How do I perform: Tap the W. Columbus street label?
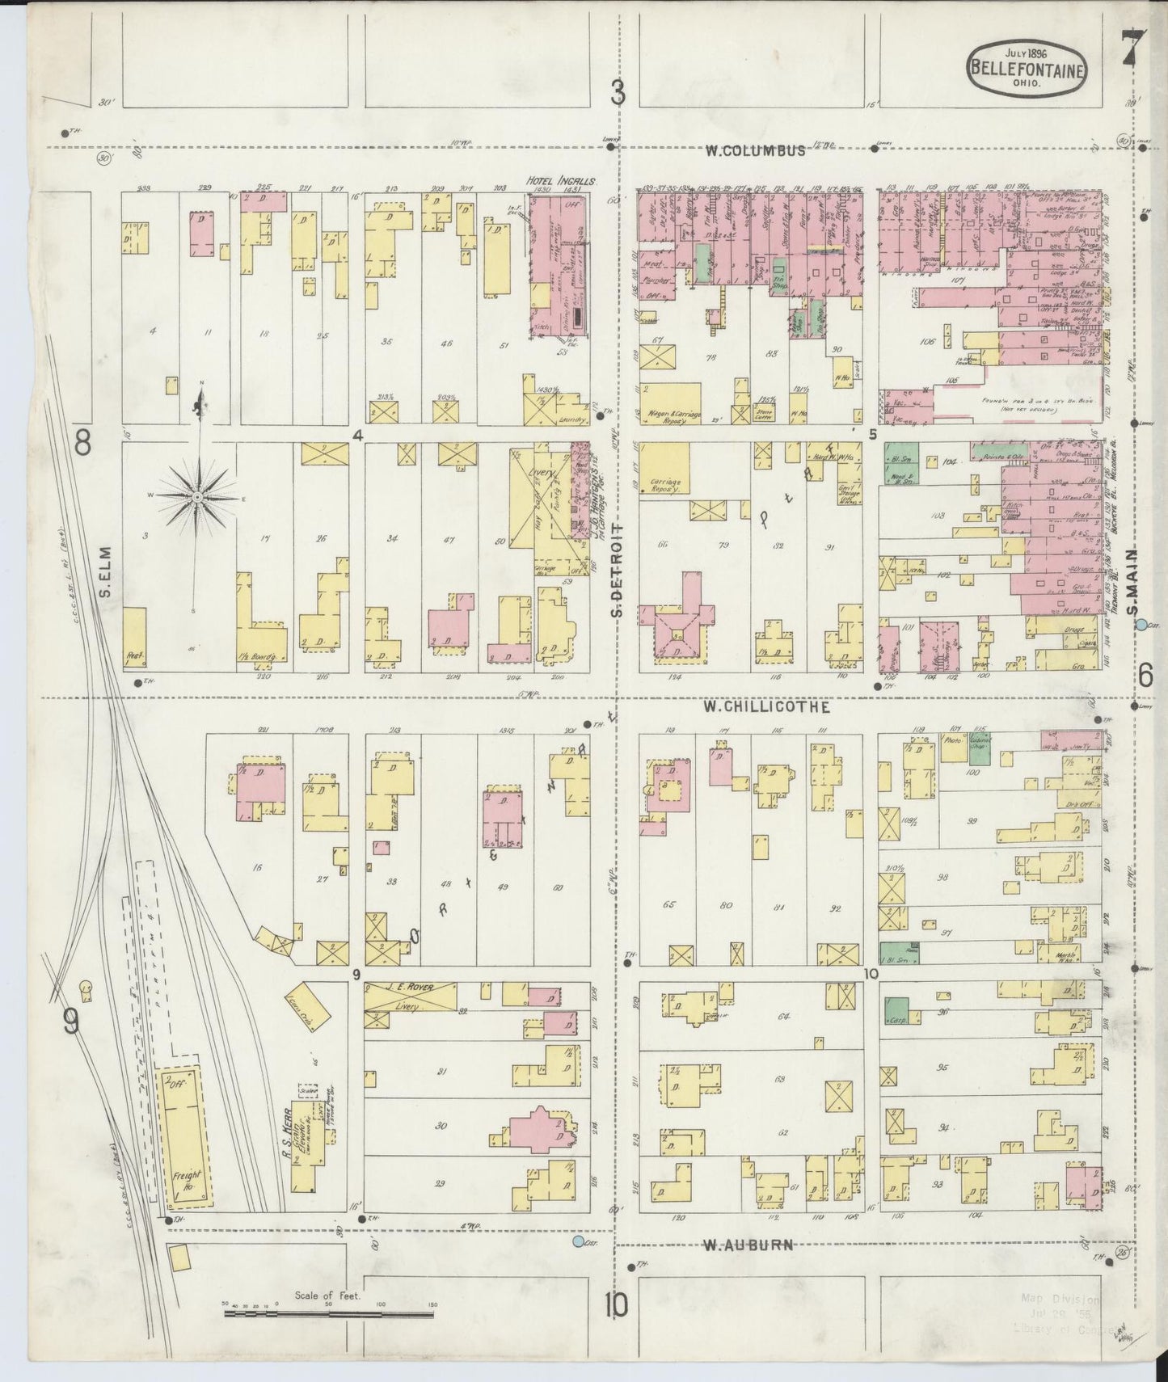(x=755, y=150)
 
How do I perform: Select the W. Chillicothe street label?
(x=765, y=706)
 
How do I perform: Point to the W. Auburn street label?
(x=748, y=1268)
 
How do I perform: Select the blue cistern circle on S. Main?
(x=1141, y=624)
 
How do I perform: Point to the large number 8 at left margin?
(x=82, y=442)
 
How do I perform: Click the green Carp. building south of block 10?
(x=896, y=1010)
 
